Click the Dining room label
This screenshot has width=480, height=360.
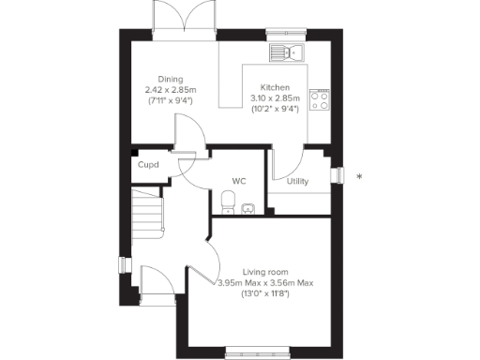pyautogui.click(x=170, y=79)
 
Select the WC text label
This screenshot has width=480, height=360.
pyautogui.click(x=238, y=181)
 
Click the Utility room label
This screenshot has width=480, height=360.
pyautogui.click(x=298, y=181)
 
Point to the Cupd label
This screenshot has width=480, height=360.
pyautogui.click(x=148, y=165)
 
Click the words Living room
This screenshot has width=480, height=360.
pyautogui.click(x=265, y=271)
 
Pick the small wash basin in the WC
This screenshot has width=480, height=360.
pyautogui.click(x=247, y=208)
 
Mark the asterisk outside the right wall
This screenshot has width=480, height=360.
pyautogui.click(x=359, y=176)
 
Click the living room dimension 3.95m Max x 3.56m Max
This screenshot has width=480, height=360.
pyautogui.click(x=264, y=282)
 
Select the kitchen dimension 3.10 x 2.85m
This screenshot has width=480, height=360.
pyautogui.click(x=275, y=97)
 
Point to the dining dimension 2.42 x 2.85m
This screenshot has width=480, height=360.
pyautogui.click(x=170, y=90)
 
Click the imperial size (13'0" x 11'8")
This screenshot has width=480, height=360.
pyautogui.click(x=264, y=293)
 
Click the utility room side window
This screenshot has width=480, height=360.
pyautogui.click(x=339, y=176)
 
